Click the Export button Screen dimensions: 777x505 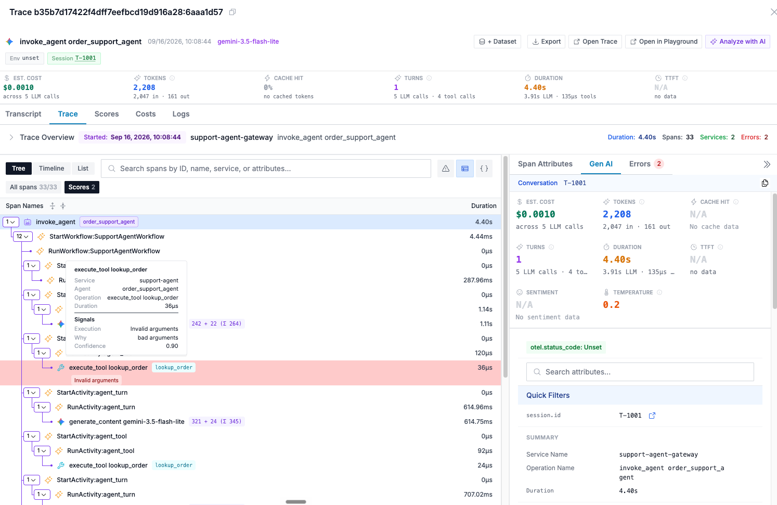546,42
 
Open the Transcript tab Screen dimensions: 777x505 23,114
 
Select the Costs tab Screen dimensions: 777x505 145,114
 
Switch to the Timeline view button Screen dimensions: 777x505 51,169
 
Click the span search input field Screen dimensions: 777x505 266,169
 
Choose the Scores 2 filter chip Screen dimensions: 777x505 82,187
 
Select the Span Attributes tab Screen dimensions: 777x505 545,164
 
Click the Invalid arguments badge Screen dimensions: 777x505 96,381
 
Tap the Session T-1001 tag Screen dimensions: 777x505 74,58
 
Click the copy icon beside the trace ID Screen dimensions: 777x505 232,12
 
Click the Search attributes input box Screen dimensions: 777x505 640,372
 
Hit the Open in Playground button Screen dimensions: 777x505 664,42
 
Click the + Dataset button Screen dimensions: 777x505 497,42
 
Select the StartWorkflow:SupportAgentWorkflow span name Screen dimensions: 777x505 107,237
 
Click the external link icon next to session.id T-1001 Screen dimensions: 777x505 652,416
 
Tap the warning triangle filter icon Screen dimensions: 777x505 446,169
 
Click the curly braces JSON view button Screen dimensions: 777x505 484,169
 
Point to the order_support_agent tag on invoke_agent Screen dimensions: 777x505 109,222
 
